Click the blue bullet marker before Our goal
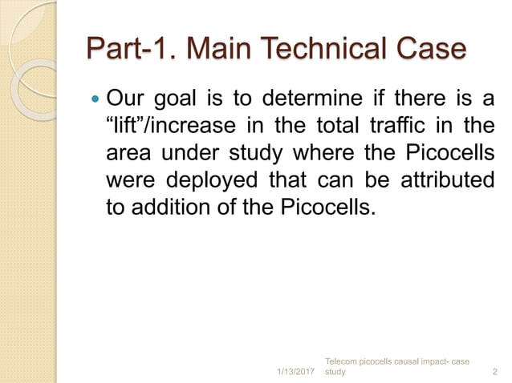pyautogui.click(x=97, y=103)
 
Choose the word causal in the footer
pyautogui.click(x=415, y=361)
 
